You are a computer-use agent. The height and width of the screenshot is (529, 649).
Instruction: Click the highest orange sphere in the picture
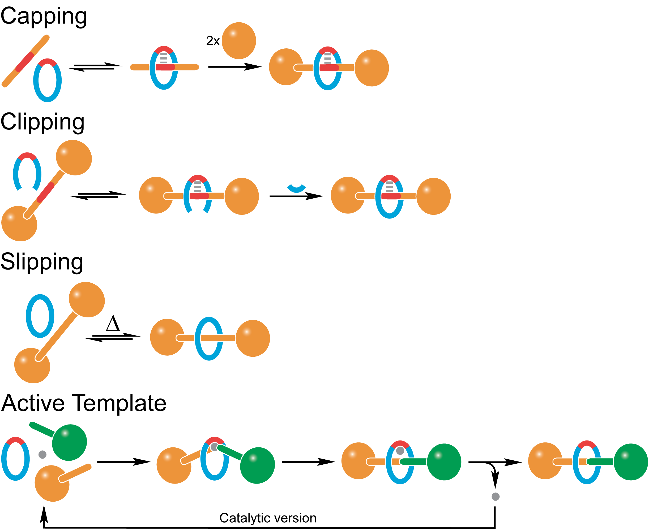point(239,40)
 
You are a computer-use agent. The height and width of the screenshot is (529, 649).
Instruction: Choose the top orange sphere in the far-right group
point(545,461)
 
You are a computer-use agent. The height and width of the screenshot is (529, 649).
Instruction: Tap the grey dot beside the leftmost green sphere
point(42,455)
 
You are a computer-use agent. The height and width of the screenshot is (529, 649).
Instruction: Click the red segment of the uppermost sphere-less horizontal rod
point(165,67)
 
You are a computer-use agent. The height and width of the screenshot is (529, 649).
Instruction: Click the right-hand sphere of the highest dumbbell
point(372,68)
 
